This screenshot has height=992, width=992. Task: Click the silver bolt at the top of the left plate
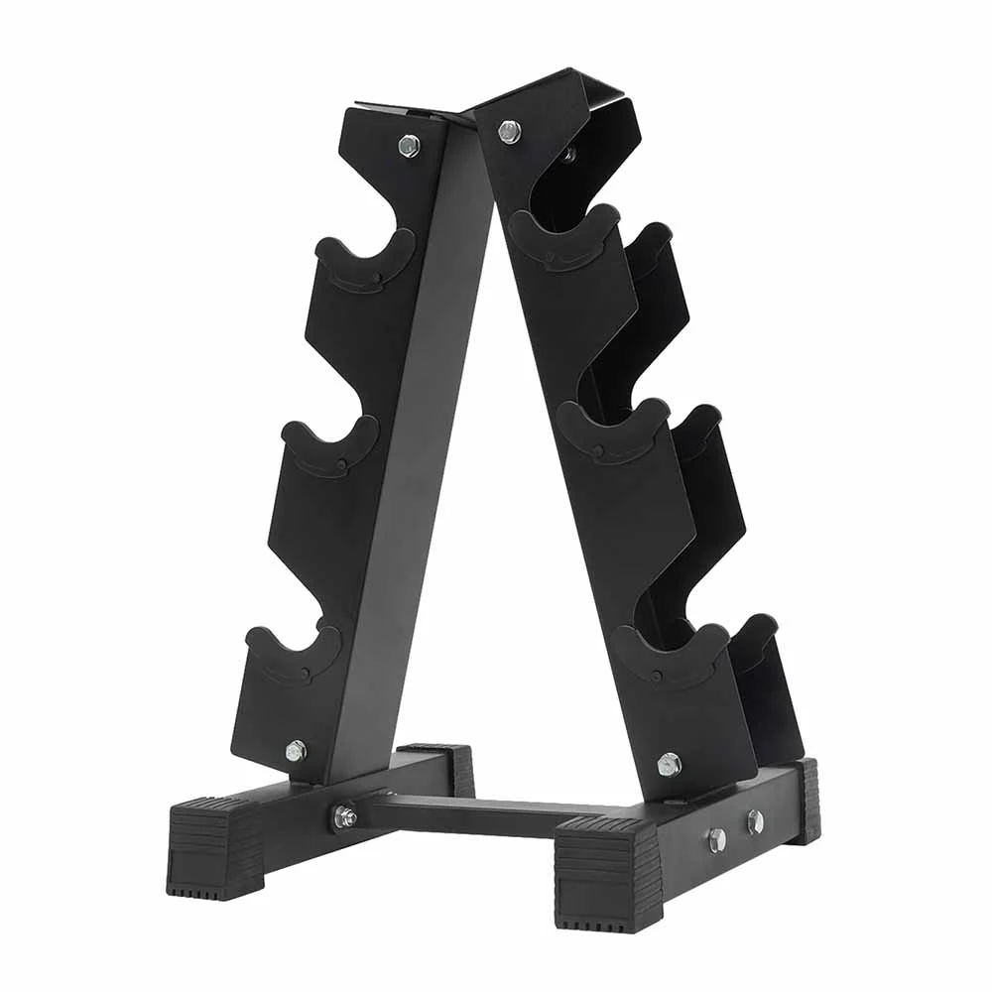(x=409, y=145)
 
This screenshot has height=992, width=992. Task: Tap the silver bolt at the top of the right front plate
(x=509, y=131)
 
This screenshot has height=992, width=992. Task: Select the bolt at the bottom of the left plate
(x=295, y=751)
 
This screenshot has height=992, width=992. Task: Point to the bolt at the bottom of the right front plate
(x=669, y=764)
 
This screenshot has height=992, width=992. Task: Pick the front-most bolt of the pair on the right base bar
(x=716, y=839)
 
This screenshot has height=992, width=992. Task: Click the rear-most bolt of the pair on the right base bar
(x=755, y=821)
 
